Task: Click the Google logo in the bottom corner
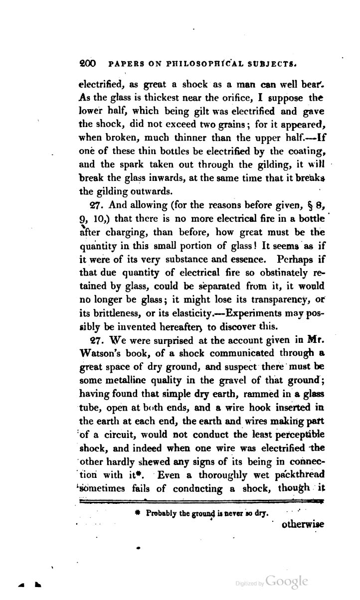point(287,582)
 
